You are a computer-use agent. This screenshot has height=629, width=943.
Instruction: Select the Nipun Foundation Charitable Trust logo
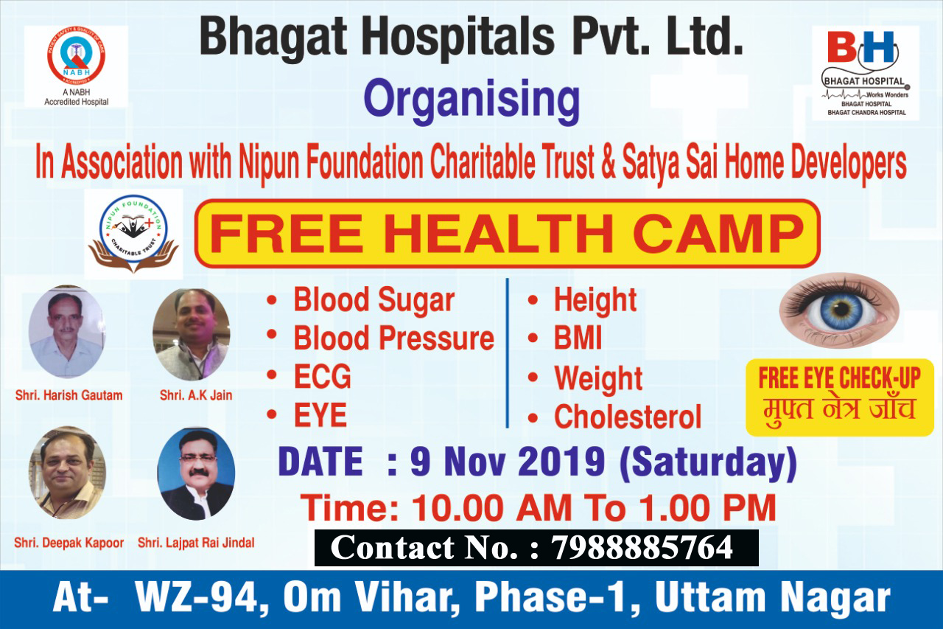coord(133,233)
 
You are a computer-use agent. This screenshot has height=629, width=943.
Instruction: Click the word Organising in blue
coord(471,102)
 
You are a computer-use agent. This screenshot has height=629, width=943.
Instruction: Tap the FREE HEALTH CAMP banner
coord(507,233)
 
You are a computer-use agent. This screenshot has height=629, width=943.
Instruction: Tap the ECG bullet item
coord(322,378)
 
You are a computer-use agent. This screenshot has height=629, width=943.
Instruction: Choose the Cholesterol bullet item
coord(627,417)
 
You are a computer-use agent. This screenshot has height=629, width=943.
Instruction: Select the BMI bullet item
coord(578,338)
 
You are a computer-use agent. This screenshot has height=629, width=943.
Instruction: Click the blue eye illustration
coord(839,310)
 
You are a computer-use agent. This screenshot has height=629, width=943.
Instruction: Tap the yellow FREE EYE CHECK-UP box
coord(839,396)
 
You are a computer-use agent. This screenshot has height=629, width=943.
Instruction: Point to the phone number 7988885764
coord(642,548)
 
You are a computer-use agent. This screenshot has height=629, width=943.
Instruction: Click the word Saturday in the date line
coord(707,463)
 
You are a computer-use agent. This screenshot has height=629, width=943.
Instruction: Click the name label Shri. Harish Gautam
coord(69,395)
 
